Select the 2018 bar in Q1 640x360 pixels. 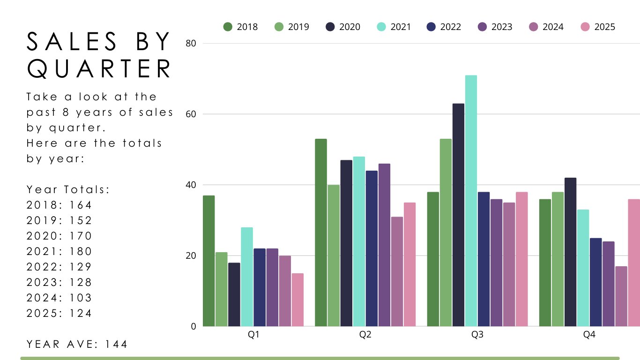[x=208, y=261]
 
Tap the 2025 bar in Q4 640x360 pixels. [x=634, y=262]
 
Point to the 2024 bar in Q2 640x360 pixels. [x=397, y=271]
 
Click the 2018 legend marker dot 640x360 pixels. [x=228, y=27]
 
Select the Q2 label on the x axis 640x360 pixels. [x=365, y=335]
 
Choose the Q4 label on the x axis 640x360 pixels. [x=589, y=335]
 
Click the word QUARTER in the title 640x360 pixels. [x=99, y=69]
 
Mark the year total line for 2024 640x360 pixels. [x=60, y=298]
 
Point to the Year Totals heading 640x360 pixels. [x=68, y=189]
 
